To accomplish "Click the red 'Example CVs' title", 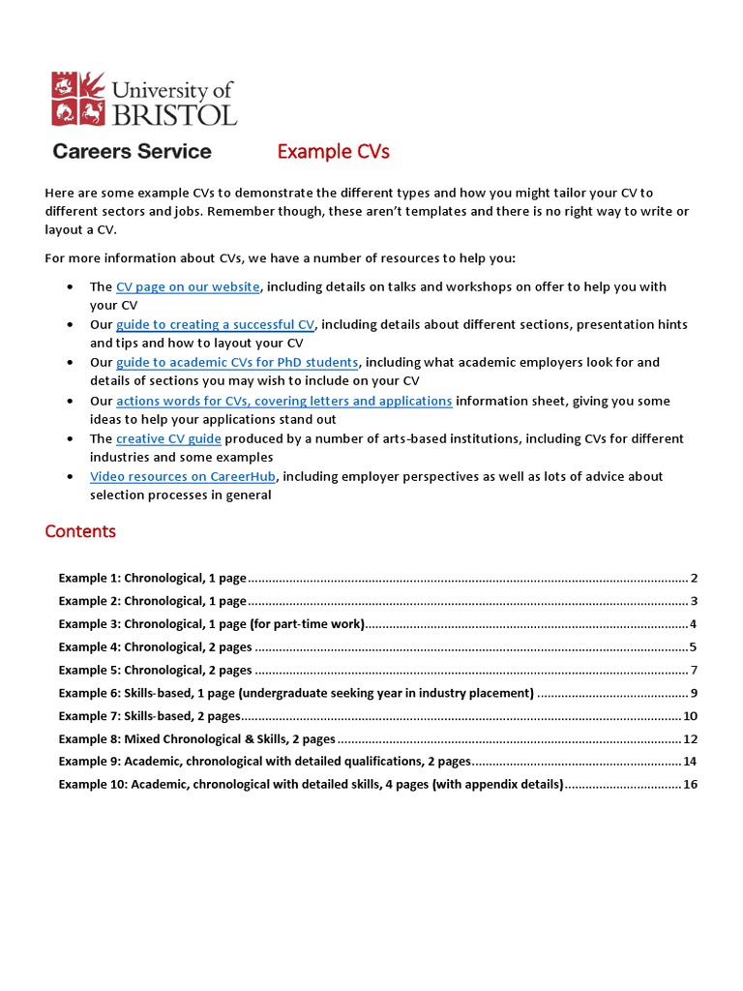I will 333,152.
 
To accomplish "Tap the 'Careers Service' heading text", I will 132,152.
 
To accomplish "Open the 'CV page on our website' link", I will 188,286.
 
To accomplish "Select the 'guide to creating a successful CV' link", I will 215,324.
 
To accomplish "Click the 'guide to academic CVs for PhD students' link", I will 237,362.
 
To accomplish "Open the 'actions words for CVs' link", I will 283,401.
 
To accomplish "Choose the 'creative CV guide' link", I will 168,438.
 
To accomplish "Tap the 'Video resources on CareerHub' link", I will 183,476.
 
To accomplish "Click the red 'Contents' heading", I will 80,531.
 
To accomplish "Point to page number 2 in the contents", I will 695,579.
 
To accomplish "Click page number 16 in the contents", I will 691,784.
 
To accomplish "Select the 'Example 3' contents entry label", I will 211,624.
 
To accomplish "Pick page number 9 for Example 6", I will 695,693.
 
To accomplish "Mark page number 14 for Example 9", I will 691,762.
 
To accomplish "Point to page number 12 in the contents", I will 691,738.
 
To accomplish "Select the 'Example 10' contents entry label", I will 311,784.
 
